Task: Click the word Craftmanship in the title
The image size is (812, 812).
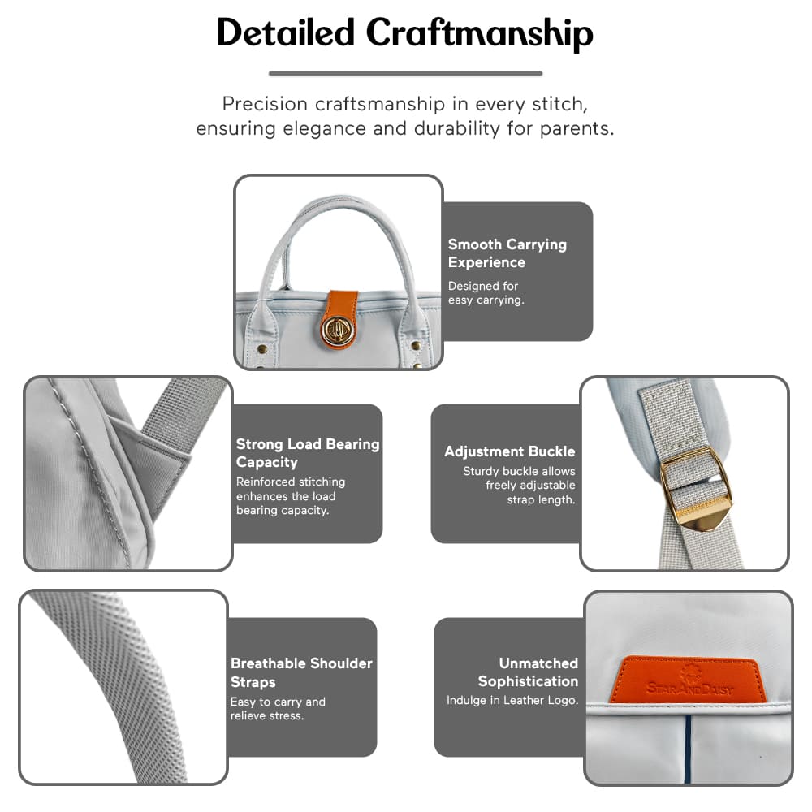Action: pos(479,33)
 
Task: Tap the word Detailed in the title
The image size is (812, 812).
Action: pos(285,33)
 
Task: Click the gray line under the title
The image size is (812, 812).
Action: pos(405,73)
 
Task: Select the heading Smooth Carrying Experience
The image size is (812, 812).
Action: pos(508,253)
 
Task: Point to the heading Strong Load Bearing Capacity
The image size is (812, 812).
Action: pos(308,453)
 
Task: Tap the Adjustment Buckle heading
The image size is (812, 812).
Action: pos(509,451)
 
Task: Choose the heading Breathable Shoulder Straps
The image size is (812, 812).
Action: pos(301,672)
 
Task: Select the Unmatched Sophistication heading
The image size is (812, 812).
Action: pos(528,672)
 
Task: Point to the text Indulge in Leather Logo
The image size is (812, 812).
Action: pos(512,700)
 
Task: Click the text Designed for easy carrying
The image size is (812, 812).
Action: pos(486,293)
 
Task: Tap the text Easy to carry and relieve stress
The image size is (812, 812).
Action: pos(278,708)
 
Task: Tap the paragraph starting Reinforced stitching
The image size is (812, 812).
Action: pos(290,496)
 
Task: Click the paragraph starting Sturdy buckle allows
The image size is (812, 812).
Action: pos(519,486)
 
